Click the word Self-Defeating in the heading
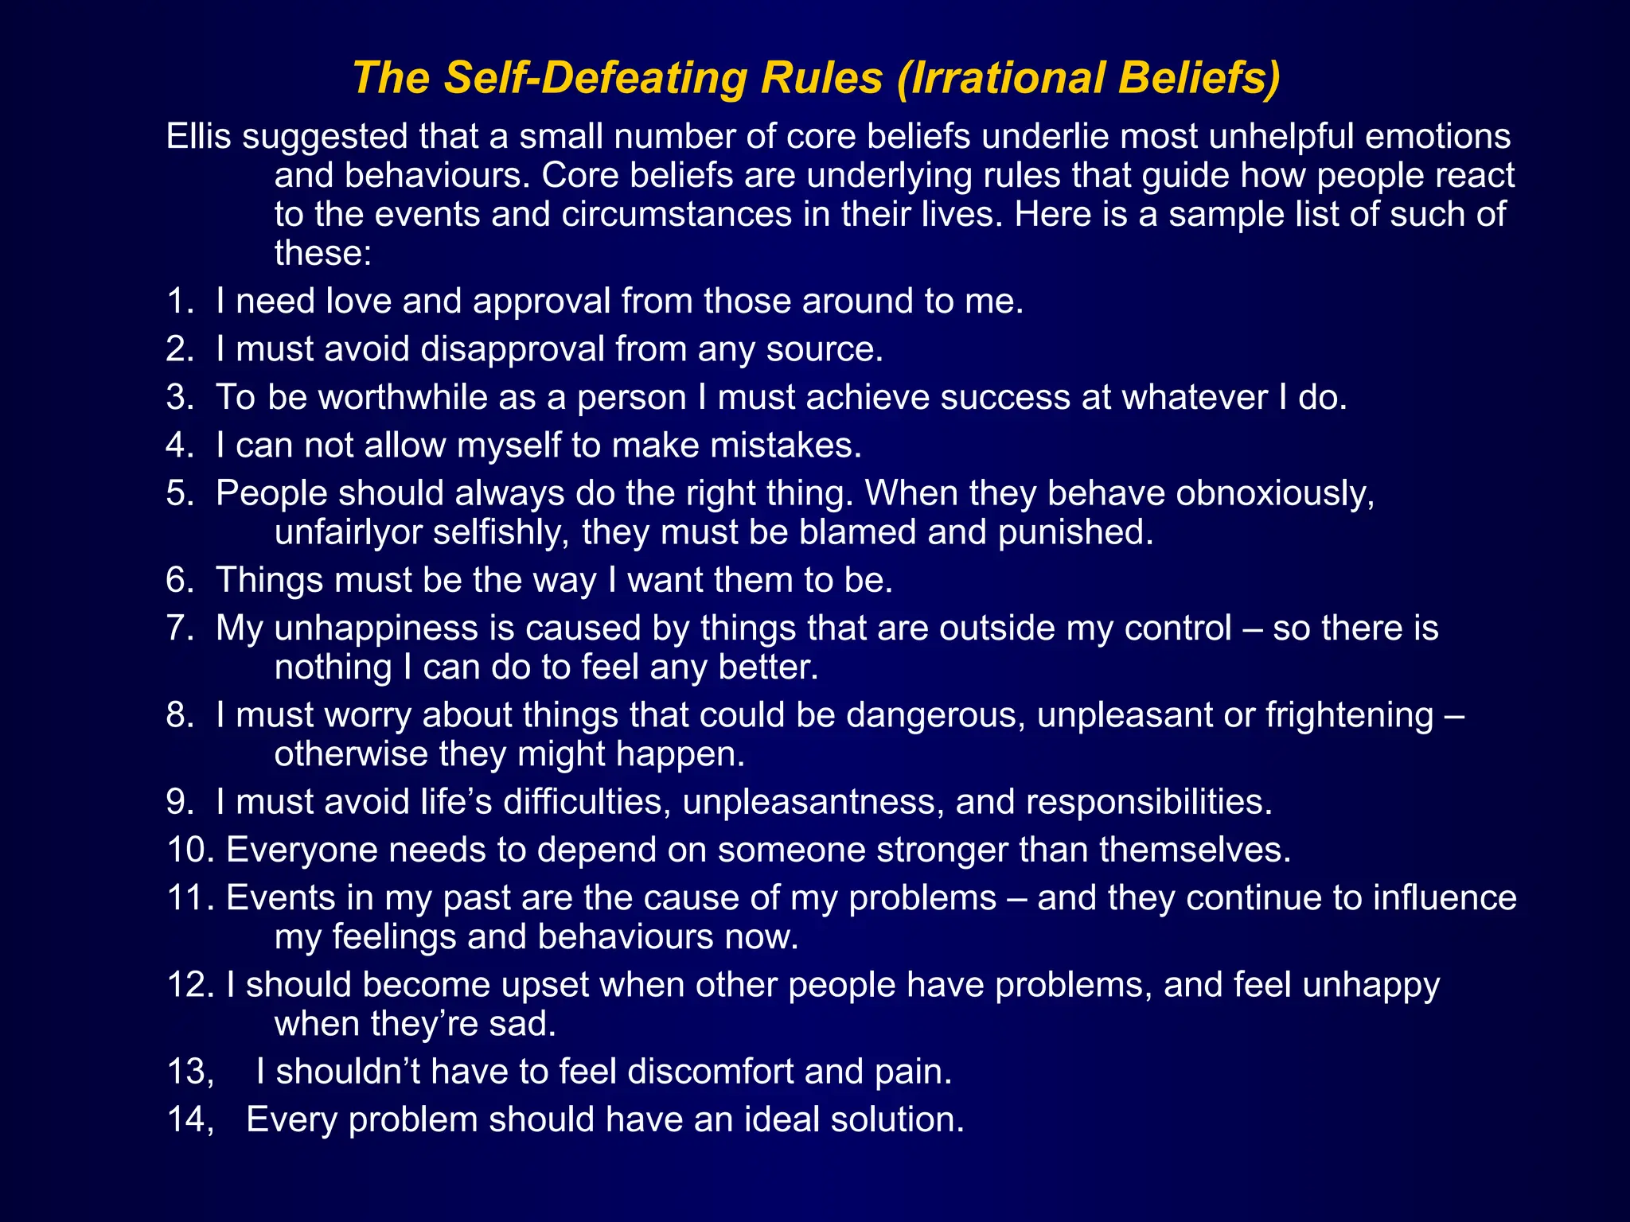[595, 78]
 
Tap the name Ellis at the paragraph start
[198, 136]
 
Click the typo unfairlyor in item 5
[348, 532]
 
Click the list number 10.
[189, 850]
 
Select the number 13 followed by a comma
[189, 1072]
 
